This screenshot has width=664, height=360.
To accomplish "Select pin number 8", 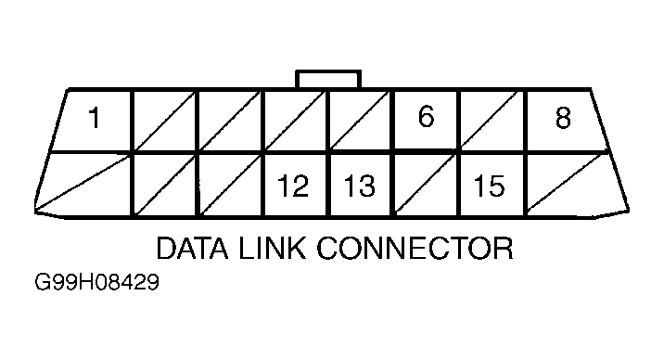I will coord(563,120).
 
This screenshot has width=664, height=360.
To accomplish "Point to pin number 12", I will coord(293,185).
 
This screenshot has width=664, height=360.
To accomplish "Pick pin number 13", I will coord(359,185).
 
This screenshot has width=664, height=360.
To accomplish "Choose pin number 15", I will coord(489,185).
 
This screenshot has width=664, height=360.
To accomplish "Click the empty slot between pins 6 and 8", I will coord(492,121).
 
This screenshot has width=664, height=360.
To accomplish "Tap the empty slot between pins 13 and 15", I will coord(427,183).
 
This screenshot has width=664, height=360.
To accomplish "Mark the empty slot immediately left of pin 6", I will coord(362,121).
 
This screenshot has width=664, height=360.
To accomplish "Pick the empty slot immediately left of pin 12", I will coord(232,183).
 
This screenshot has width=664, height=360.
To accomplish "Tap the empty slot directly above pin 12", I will coord(297,121).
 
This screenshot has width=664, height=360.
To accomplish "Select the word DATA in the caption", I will coord(196,248).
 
